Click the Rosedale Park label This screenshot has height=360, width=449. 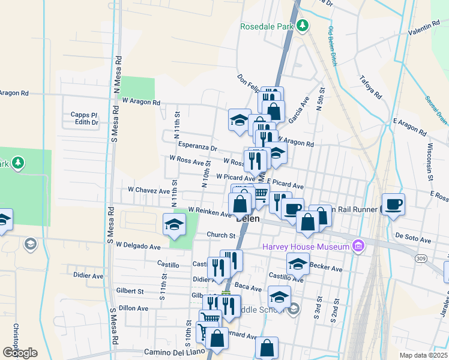(x=267, y=26)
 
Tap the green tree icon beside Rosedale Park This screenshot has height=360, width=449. (x=304, y=25)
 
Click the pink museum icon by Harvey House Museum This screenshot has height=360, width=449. (x=359, y=245)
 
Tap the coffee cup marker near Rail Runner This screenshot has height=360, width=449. (x=394, y=204)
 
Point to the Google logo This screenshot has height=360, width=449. (x=19, y=353)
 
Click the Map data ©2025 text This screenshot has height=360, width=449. (x=423, y=355)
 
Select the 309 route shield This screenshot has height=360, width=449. (x=419, y=257)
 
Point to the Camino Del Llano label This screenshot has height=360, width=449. (x=171, y=352)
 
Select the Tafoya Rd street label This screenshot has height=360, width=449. (x=370, y=88)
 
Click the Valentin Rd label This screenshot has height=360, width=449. (x=424, y=28)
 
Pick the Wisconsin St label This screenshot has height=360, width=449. (x=430, y=161)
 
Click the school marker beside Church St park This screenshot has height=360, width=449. (x=174, y=225)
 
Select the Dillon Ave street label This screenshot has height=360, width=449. (x=133, y=308)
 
